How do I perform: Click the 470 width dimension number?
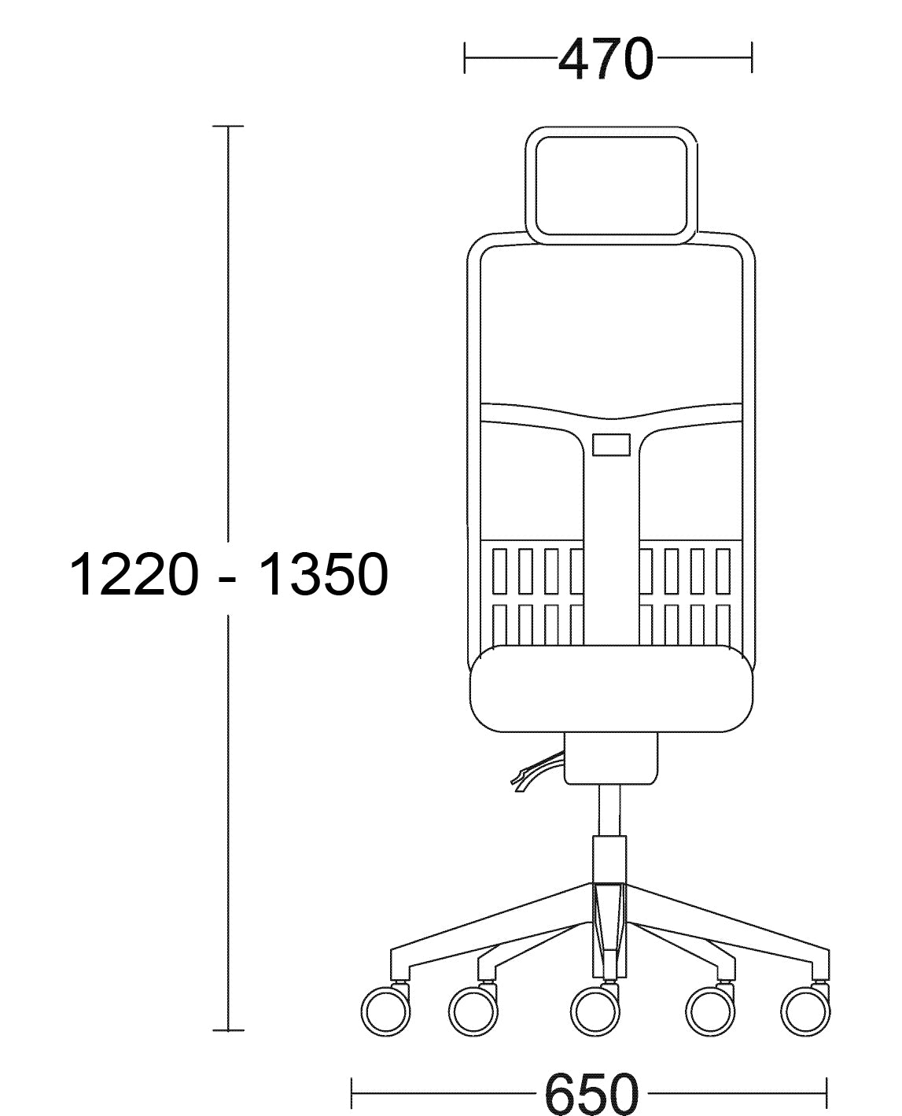click(x=606, y=58)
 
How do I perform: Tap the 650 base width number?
click(x=592, y=1095)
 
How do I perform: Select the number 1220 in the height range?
click(x=134, y=575)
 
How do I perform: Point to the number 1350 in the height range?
click(x=324, y=575)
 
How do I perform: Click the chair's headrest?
click(x=611, y=132)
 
